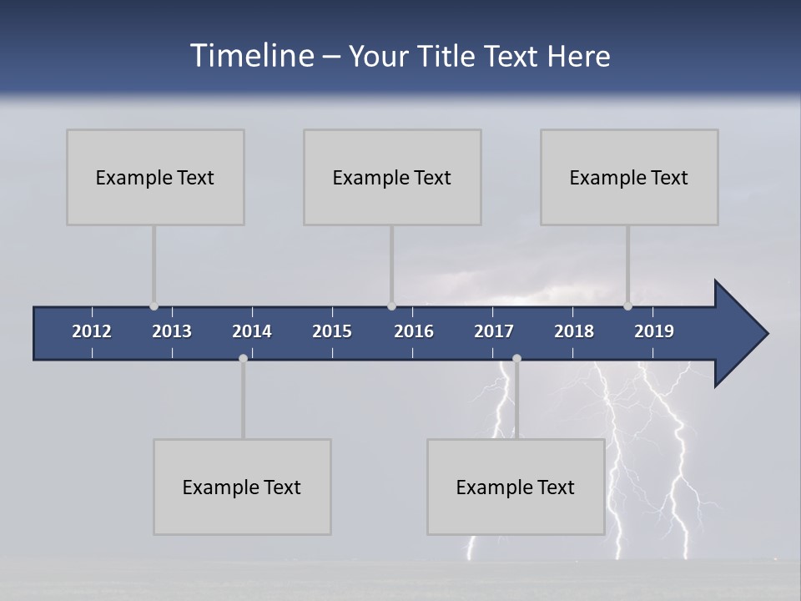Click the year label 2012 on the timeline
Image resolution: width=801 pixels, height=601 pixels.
click(92, 331)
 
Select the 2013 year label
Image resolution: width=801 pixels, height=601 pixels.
click(172, 331)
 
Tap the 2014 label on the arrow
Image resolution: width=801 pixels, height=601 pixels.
click(252, 331)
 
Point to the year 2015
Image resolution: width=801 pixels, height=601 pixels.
click(332, 331)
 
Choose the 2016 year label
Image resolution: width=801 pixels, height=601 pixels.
click(414, 331)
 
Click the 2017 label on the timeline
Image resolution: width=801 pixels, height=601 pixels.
click(494, 331)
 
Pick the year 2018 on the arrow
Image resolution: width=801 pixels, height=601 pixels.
click(574, 331)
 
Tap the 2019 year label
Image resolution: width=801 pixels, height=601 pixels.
click(654, 331)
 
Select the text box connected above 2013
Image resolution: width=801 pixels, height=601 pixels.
click(155, 177)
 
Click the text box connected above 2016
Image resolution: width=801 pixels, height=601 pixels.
click(392, 177)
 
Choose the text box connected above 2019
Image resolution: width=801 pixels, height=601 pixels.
click(629, 177)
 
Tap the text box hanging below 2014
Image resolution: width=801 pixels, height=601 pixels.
click(242, 487)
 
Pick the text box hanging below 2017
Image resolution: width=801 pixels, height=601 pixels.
click(516, 487)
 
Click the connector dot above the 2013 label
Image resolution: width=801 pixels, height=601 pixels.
click(154, 306)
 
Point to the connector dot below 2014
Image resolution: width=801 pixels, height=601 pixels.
click(243, 359)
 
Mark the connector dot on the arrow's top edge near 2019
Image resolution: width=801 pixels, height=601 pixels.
click(627, 306)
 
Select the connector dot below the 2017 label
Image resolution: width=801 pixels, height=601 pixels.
click(516, 359)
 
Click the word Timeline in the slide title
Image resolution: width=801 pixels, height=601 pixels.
click(251, 56)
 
